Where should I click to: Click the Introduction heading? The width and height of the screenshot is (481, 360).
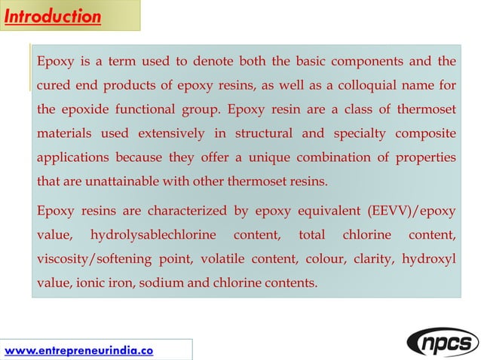53,16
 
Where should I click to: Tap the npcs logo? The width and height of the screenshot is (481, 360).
443,342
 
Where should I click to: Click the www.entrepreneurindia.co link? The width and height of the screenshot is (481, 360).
78,349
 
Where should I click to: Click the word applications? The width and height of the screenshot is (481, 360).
73,157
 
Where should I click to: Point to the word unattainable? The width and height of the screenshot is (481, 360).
123,182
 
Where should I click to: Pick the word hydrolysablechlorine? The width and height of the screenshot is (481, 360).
158,236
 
